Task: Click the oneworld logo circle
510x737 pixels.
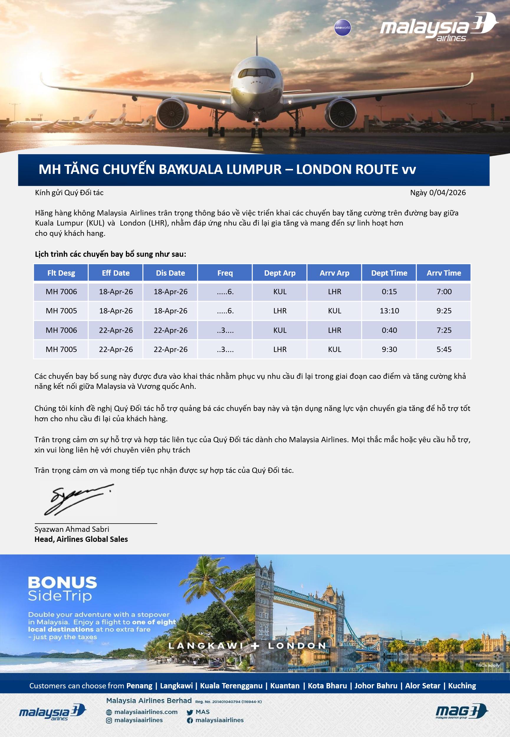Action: pyautogui.click(x=343, y=27)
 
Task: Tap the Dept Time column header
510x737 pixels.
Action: pyautogui.click(x=389, y=273)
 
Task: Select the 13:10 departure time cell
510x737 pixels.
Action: pyautogui.click(x=389, y=311)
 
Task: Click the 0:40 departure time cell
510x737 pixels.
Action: pyautogui.click(x=389, y=330)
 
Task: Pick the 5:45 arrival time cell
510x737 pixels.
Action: pyautogui.click(x=444, y=349)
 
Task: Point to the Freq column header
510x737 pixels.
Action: pyautogui.click(x=225, y=273)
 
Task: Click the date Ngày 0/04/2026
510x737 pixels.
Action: pyautogui.click(x=438, y=193)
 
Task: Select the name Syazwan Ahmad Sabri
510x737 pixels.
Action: pyautogui.click(x=72, y=529)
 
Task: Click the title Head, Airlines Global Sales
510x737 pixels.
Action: pyautogui.click(x=81, y=539)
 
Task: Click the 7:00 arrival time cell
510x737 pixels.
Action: pyautogui.click(x=444, y=292)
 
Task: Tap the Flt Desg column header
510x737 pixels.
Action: pyautogui.click(x=61, y=273)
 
